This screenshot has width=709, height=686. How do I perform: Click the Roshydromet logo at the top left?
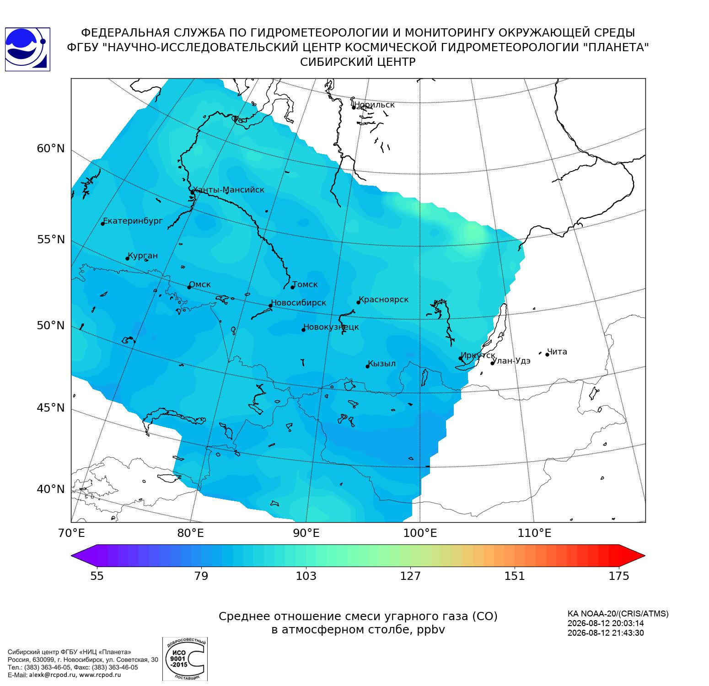27,49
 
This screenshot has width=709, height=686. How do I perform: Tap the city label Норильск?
375,105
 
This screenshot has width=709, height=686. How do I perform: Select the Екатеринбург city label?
133,221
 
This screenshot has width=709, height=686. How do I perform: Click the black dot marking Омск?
189,287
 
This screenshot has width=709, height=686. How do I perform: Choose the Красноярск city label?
384,300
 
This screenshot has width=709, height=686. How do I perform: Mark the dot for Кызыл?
367,366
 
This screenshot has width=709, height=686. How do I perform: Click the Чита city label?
557,352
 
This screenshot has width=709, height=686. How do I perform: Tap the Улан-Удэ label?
511,361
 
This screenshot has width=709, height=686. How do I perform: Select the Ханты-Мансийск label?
228,190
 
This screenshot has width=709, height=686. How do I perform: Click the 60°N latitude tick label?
51,149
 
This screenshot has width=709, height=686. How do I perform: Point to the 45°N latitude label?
51,407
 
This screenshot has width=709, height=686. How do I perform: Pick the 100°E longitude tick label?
420,533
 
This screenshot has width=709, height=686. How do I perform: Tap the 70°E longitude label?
71,533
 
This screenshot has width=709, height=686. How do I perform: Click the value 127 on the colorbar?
410,576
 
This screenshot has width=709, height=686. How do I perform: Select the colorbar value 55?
97,576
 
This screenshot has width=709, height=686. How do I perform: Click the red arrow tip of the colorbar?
645,556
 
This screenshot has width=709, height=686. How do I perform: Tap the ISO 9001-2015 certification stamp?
185,659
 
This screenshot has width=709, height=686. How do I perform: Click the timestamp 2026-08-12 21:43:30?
606,633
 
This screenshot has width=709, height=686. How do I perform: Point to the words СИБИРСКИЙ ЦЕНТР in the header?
358,62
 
